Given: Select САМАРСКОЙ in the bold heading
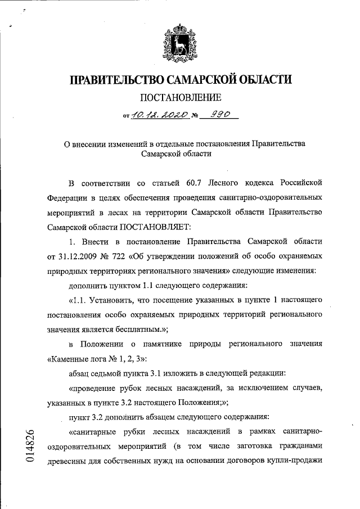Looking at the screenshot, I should coord(208,80).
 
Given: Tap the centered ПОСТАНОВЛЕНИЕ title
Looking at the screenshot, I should coord(180,99).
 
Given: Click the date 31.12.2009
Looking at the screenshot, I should coord(80,256).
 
